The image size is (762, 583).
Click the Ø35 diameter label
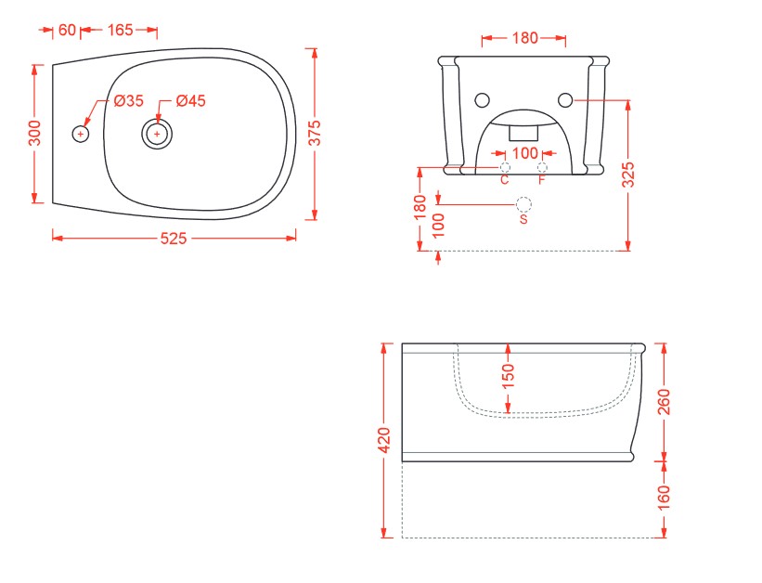[x=129, y=100]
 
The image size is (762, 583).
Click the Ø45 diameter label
[x=191, y=100]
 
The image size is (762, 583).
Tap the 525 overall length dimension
[x=174, y=239]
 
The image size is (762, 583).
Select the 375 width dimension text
[x=315, y=133]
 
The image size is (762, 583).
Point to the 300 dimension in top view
[x=34, y=133]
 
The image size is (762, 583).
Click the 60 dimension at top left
[x=67, y=30]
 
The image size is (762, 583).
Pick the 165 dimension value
[x=120, y=30]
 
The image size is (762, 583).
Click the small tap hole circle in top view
[x=81, y=134]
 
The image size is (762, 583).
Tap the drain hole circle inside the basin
[x=157, y=134]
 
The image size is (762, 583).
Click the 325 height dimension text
[x=628, y=175]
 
